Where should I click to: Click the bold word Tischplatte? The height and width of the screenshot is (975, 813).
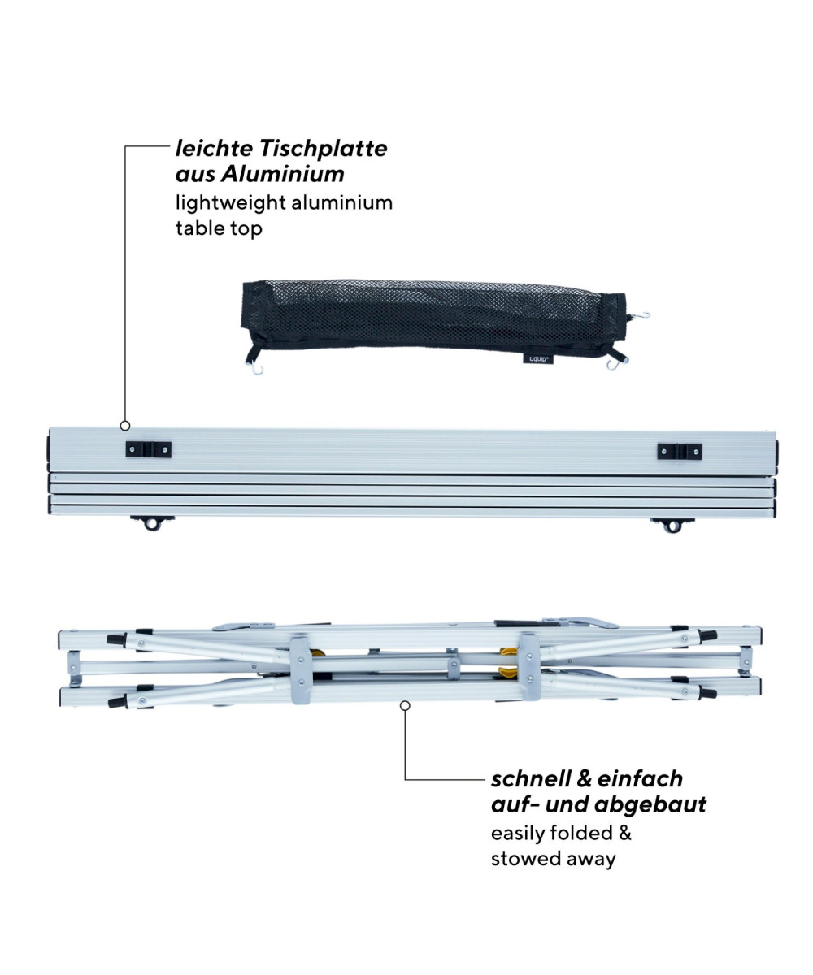click(324, 149)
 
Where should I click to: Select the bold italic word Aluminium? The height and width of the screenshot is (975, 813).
click(283, 174)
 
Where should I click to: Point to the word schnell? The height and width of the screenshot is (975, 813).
click(531, 778)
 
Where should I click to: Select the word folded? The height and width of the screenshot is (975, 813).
click(581, 833)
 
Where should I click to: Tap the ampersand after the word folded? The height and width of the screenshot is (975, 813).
click(624, 833)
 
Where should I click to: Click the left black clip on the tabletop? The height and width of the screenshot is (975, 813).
click(149, 449)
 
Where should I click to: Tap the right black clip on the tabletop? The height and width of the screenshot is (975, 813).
click(680, 452)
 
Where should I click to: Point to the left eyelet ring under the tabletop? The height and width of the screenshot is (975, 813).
click(152, 523)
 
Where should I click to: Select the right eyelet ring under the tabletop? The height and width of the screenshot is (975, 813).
click(672, 526)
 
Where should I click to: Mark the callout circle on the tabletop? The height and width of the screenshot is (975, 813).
click(124, 426)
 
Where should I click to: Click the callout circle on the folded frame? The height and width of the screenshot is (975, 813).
click(405, 705)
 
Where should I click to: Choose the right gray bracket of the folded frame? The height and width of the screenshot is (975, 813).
click(529, 667)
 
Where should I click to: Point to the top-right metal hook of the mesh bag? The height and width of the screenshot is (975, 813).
click(642, 316)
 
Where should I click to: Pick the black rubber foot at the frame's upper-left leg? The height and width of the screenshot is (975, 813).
click(117, 639)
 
